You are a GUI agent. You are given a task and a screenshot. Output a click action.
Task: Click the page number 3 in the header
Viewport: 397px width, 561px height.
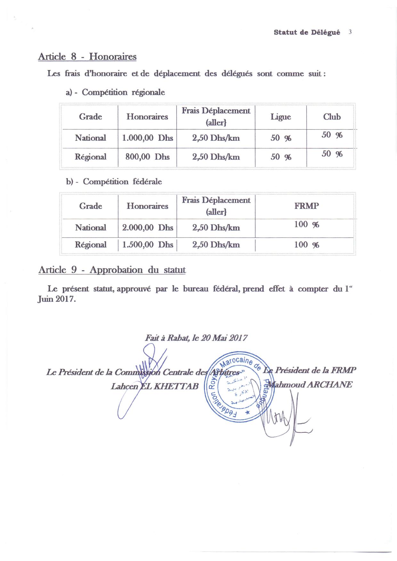pyautogui.click(x=350, y=32)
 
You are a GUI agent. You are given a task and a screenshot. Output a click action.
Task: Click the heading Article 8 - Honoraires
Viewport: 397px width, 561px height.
pyautogui.click(x=87, y=57)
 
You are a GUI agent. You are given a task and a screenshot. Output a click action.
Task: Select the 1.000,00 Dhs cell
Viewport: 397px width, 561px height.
pyautogui.click(x=147, y=138)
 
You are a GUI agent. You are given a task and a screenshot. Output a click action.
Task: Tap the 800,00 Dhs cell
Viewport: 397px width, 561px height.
pyautogui.click(x=147, y=157)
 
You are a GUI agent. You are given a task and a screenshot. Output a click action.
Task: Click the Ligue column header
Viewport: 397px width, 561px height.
pyautogui.click(x=281, y=117)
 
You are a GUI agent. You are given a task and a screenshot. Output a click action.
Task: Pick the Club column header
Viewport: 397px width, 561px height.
pyautogui.click(x=332, y=117)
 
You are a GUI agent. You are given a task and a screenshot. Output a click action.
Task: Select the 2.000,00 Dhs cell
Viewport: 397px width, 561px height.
pyautogui.click(x=147, y=228)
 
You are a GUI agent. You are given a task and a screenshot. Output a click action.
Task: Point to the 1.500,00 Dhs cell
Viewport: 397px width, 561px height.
pyautogui.click(x=147, y=245)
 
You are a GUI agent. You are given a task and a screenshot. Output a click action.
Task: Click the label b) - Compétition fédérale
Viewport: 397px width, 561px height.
pyautogui.click(x=114, y=182)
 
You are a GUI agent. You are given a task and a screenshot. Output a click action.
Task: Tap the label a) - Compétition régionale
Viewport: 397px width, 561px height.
pyautogui.click(x=115, y=92)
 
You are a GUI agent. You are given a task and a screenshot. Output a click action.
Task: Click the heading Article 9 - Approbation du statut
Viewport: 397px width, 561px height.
pyautogui.click(x=112, y=270)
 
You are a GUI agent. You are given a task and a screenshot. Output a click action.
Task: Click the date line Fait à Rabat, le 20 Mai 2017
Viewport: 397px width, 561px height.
pyautogui.click(x=196, y=338)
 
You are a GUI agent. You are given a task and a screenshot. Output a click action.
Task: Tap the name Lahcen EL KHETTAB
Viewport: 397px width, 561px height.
pyautogui.click(x=154, y=386)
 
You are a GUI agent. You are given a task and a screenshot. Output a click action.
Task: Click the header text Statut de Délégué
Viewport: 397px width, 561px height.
pyautogui.click(x=307, y=32)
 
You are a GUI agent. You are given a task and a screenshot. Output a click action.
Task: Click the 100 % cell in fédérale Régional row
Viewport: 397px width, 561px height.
pyautogui.click(x=306, y=245)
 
